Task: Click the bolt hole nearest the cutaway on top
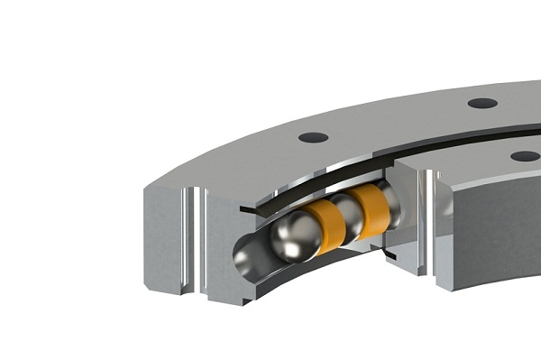[314, 137]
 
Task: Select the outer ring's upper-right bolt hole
[482, 103]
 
